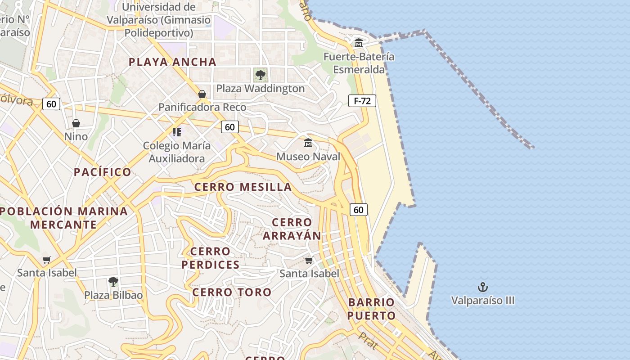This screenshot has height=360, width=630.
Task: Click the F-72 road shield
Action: [362, 101]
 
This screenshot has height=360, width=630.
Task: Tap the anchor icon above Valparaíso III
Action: [483, 287]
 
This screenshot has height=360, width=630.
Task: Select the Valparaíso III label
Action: [483, 300]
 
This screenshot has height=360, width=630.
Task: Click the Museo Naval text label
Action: [308, 157]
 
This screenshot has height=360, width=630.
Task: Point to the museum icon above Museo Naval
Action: [308, 143]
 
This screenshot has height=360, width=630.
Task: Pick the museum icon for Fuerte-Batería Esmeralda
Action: [359, 43]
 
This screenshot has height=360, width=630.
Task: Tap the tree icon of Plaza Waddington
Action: [260, 75]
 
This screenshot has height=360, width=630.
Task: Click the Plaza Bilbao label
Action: [113, 295]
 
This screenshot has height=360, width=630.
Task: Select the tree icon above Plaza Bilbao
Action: [113, 282]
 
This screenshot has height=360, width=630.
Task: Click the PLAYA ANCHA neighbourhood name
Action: [173, 62]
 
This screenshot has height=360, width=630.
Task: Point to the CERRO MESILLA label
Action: [243, 187]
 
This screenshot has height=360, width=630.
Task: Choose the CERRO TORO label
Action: [232, 292]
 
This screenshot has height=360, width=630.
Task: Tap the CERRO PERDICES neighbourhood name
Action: [211, 258]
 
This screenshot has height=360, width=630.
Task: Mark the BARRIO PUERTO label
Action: [371, 309]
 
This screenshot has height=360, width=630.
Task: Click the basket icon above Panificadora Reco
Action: [202, 94]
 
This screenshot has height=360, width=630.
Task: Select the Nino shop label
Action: [76, 136]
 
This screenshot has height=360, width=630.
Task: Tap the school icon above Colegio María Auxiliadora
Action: [176, 132]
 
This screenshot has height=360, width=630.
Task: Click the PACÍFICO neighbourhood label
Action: [103, 172]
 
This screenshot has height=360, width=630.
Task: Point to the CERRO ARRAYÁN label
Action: [292, 229]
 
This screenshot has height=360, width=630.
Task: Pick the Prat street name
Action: [368, 341]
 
